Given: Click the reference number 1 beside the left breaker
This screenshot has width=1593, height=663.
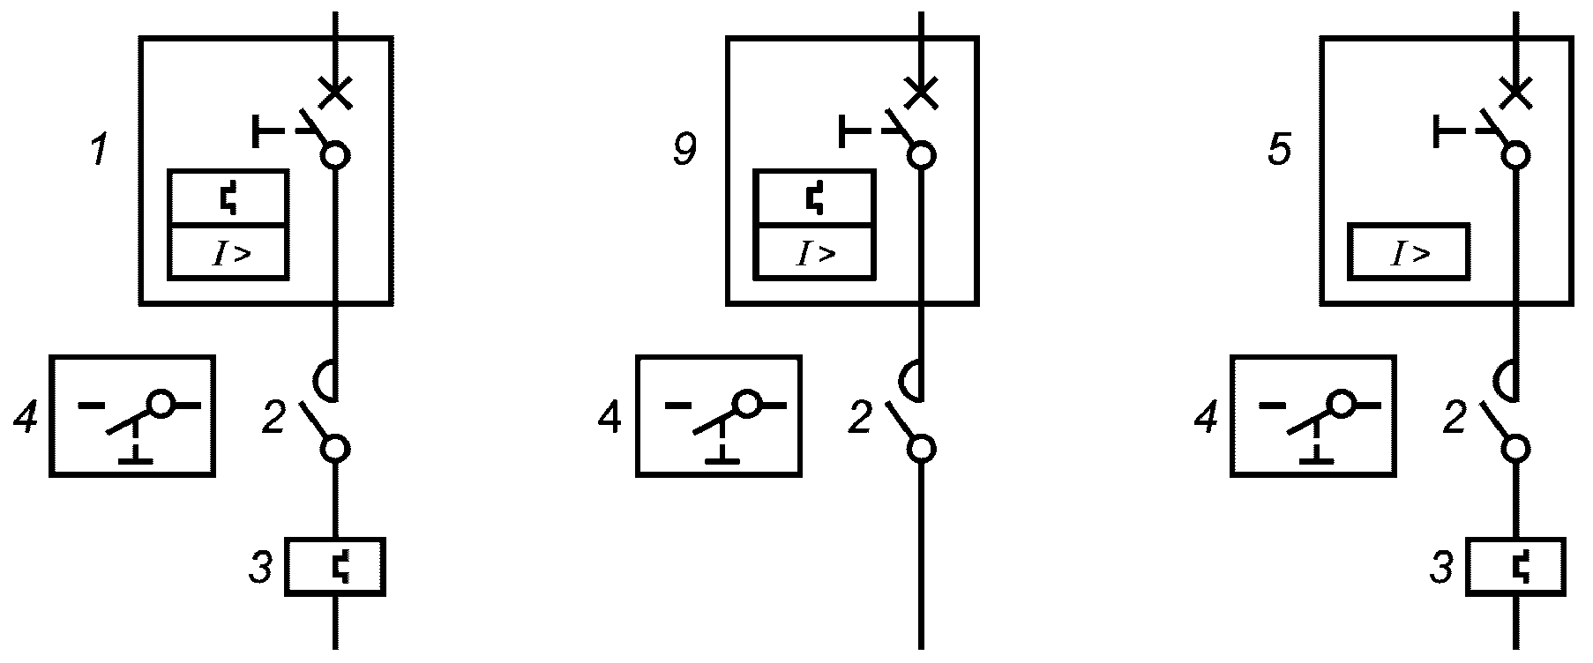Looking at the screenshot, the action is click(100, 150).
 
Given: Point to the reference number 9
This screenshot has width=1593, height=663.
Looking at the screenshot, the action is click(684, 150).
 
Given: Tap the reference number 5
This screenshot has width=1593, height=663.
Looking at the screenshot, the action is click(1279, 150).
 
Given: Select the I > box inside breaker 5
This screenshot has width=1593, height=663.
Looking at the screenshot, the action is click(1409, 253).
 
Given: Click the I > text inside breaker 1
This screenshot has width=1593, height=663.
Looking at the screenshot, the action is click(230, 255).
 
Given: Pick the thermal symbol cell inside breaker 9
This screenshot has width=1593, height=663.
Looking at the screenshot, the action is click(814, 198).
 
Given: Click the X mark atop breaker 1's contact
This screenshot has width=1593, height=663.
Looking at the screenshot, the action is click(335, 92).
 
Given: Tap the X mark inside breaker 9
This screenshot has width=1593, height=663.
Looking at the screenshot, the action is click(921, 92).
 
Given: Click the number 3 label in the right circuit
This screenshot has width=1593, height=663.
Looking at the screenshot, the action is click(1440, 568).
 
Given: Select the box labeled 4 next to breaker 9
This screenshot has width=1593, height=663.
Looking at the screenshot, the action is click(719, 416).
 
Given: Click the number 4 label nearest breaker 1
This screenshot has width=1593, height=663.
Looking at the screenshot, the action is click(26, 418).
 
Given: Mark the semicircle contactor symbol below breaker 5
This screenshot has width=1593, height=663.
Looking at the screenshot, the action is click(1506, 381).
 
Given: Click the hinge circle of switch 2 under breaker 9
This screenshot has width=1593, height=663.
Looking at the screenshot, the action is click(921, 449).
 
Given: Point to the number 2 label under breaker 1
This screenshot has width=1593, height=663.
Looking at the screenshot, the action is click(273, 418).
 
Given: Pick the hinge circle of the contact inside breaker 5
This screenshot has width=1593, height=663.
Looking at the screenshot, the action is click(1515, 156).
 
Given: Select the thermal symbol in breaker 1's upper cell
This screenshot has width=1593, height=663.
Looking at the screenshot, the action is click(228, 199).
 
